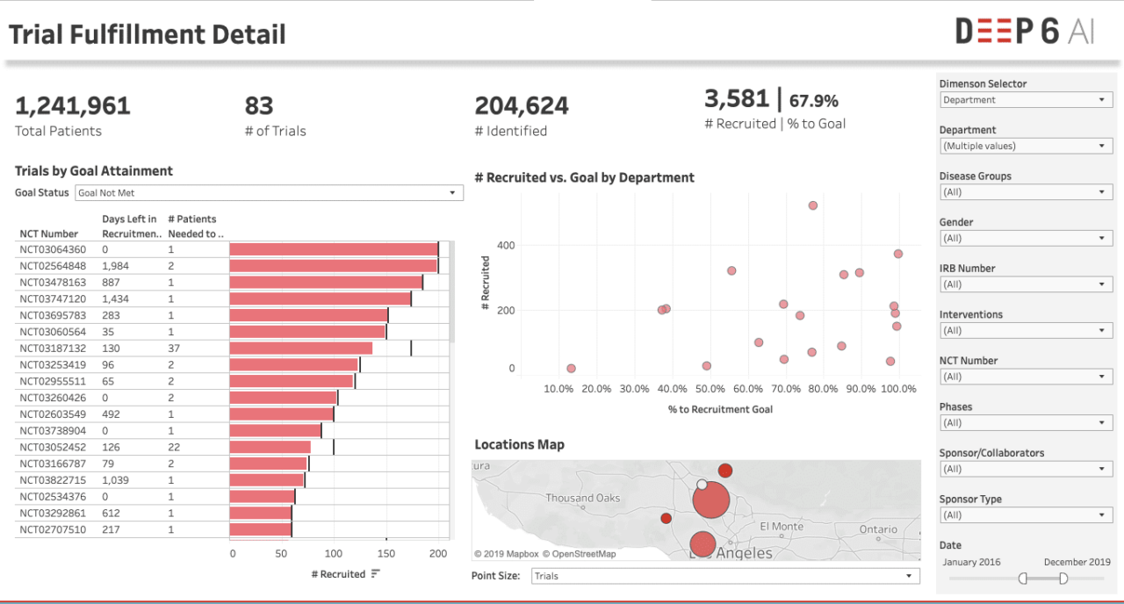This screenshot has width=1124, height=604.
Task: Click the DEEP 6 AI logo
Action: tap(1025, 32)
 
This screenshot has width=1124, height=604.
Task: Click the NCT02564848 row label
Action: tap(53, 265)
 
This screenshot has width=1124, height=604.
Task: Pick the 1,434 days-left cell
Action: tap(116, 298)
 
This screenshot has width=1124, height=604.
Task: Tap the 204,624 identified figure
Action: tap(522, 106)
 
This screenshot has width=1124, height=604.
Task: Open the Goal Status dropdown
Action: tap(268, 192)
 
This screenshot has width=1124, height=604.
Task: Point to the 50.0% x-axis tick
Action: tap(710, 389)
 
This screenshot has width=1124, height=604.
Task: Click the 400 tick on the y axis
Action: tap(506, 245)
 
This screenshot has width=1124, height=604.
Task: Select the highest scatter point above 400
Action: tap(813, 205)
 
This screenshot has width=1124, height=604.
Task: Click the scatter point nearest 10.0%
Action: tap(572, 369)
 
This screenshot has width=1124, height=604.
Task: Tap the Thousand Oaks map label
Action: tap(582, 498)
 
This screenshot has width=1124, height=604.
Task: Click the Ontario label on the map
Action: tap(878, 529)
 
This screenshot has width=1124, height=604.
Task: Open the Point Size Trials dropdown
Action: tap(725, 576)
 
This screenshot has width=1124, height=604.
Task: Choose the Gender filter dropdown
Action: tap(1026, 238)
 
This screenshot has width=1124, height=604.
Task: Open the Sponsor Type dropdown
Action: tap(1026, 515)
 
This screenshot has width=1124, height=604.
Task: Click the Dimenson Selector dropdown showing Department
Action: tap(1026, 100)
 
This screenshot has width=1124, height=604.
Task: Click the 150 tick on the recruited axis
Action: tap(386, 554)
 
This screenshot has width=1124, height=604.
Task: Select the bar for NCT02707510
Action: tap(260, 529)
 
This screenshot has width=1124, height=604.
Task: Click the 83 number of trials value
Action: tap(259, 106)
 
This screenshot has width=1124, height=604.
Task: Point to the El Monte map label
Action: tap(782, 526)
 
